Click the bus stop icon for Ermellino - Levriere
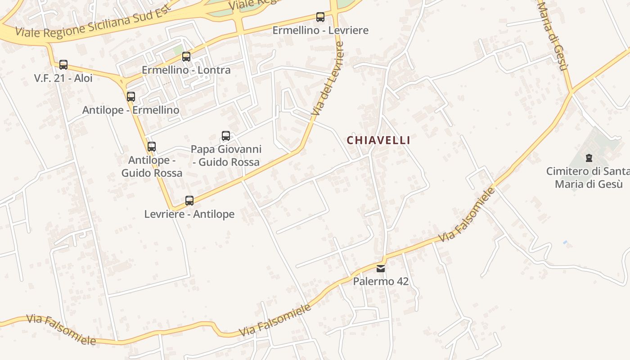(x=320, y=17)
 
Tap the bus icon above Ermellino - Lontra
(x=186, y=57)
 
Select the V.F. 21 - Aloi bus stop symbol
(x=63, y=65)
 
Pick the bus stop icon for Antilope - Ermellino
(x=131, y=97)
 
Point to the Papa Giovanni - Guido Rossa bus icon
(x=226, y=136)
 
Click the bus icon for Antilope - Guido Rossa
(x=152, y=147)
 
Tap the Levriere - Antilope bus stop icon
(x=189, y=201)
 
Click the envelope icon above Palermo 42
(x=381, y=269)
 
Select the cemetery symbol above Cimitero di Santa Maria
(x=589, y=158)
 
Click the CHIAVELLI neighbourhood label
(x=378, y=140)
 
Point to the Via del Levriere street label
(x=328, y=79)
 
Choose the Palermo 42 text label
(x=381, y=282)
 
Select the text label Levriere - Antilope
(x=189, y=214)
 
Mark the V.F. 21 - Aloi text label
(x=63, y=78)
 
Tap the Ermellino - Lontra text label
(x=186, y=70)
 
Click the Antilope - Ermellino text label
(x=131, y=110)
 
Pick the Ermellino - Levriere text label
(x=320, y=31)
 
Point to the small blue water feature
(x=565, y=243)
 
